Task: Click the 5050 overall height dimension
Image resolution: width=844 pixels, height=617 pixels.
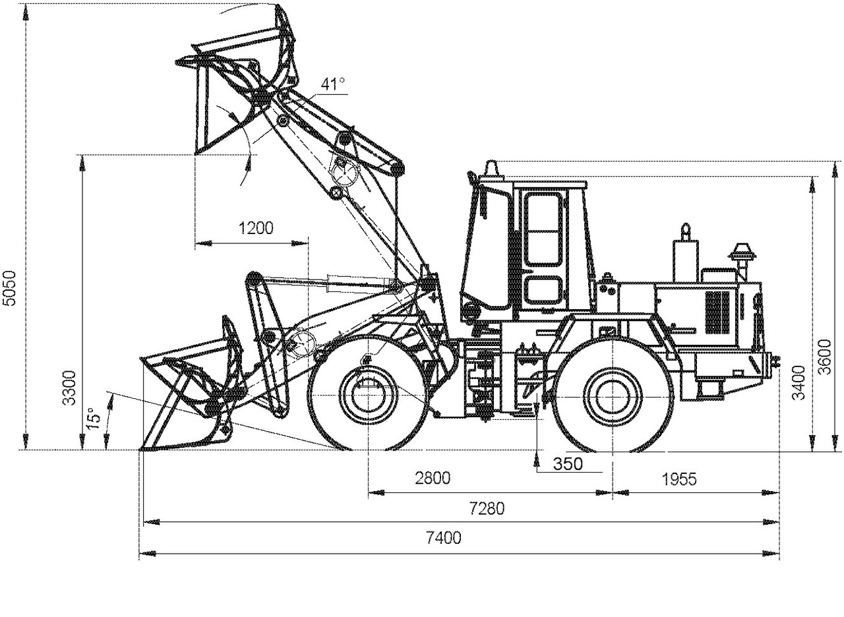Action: (x=9, y=288)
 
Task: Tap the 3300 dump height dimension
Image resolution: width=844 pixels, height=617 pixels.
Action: (x=70, y=388)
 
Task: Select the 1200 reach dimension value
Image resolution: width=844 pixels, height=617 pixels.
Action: (x=256, y=228)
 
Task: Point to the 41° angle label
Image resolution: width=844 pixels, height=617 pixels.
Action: (x=332, y=84)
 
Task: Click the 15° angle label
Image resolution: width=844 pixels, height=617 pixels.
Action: (x=93, y=419)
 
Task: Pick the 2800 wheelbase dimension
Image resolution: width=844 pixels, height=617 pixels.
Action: (x=433, y=478)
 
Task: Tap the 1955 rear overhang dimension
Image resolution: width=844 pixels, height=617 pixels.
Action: (x=679, y=479)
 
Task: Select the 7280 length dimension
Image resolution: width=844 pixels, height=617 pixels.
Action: (x=487, y=508)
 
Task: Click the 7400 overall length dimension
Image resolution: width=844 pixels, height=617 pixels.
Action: (x=444, y=537)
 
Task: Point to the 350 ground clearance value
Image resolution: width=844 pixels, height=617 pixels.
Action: (x=568, y=463)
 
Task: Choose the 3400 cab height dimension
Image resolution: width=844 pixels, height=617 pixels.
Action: (x=799, y=382)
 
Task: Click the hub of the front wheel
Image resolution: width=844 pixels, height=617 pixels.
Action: (x=368, y=395)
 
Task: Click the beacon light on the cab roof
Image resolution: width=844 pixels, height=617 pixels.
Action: (x=492, y=169)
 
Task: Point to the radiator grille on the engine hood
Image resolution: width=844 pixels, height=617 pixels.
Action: (x=717, y=312)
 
